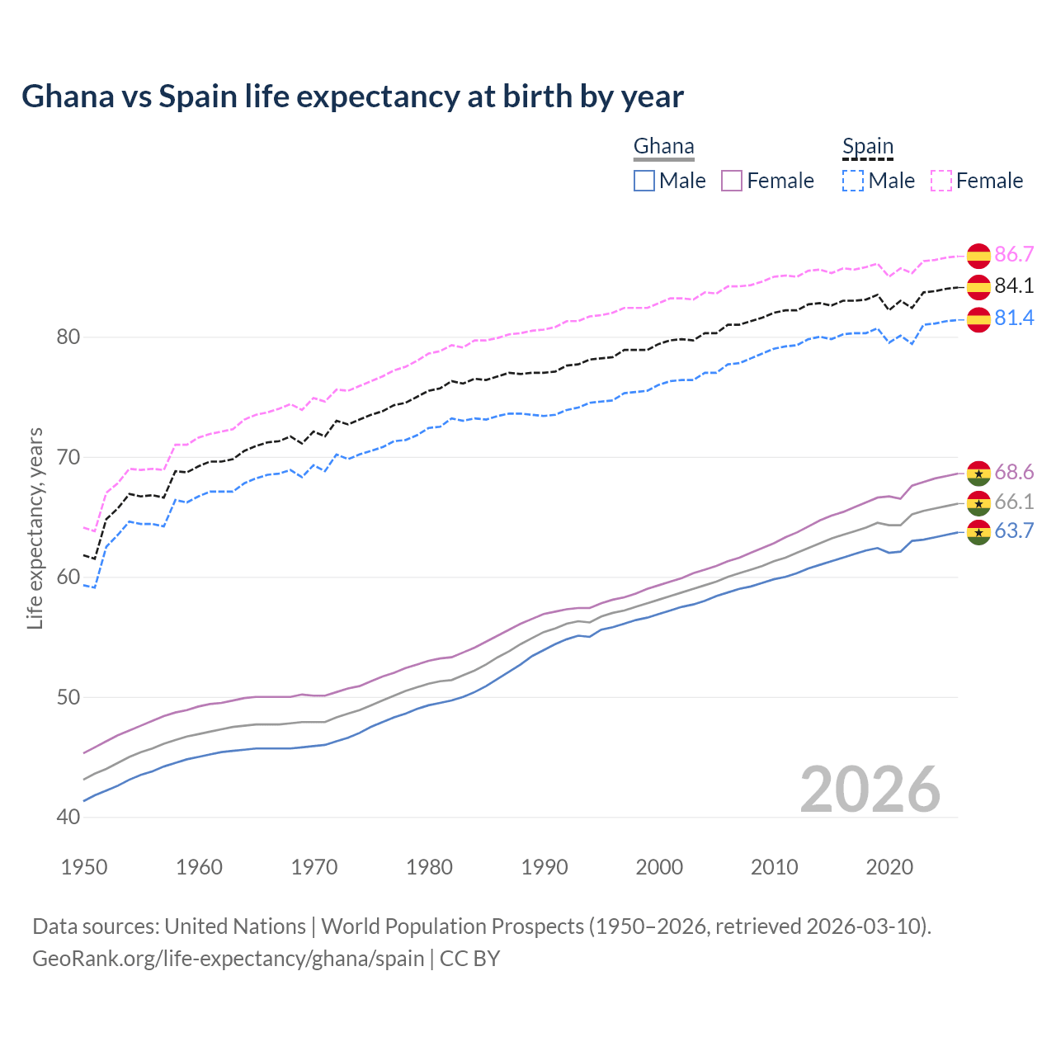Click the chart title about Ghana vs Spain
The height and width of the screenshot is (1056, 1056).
click(x=352, y=97)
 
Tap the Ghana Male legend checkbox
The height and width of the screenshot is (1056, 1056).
click(x=644, y=181)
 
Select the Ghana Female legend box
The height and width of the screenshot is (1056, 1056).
click(x=732, y=181)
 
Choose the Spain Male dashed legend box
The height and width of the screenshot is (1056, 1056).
click(x=853, y=181)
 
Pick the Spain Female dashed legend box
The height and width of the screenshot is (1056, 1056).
click(x=940, y=181)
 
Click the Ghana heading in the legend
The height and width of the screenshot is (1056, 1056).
click(x=663, y=147)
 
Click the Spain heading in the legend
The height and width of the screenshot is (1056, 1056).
click(x=867, y=147)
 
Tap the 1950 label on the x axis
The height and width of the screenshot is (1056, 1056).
click(x=84, y=867)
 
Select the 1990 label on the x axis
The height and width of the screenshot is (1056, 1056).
click(x=544, y=867)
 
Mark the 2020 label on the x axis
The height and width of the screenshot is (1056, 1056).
click(x=889, y=867)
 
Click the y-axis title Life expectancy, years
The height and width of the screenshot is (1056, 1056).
click(x=35, y=528)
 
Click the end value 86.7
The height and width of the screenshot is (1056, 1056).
click(x=1014, y=254)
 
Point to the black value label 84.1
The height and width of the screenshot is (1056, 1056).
click(x=1014, y=286)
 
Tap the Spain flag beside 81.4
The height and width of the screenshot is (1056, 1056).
click(x=978, y=319)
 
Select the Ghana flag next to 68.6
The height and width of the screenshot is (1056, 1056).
click(x=978, y=474)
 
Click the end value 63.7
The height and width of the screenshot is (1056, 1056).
click(x=1014, y=530)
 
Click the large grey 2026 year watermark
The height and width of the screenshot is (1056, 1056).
click(x=870, y=790)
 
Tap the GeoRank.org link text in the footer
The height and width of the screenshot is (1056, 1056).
click(x=228, y=959)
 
